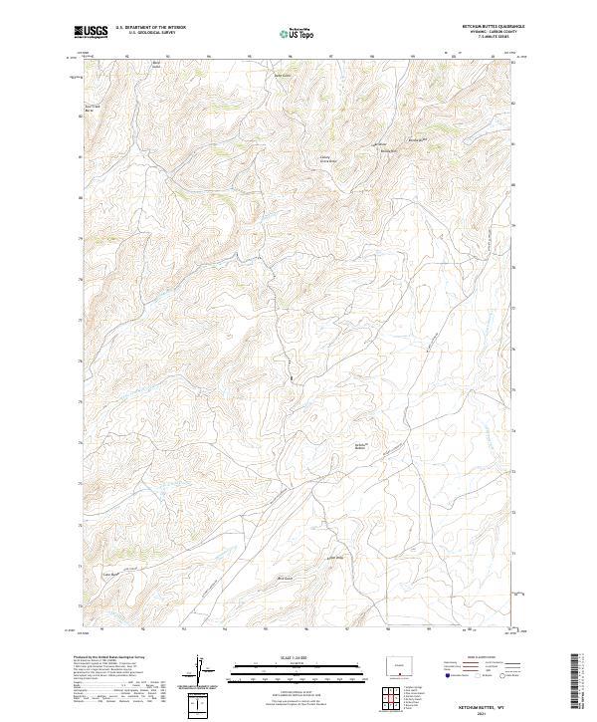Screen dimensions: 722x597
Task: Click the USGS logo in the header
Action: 91,32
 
